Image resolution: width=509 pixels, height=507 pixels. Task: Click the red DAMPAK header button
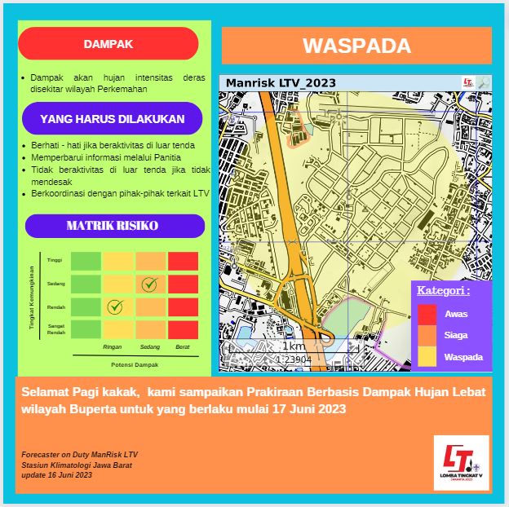point(108,44)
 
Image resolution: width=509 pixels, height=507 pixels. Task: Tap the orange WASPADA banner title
point(356,46)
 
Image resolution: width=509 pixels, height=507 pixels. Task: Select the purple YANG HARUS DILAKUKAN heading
point(113,118)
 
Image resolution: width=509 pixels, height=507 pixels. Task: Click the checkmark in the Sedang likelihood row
point(148,284)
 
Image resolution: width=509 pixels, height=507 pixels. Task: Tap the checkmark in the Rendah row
point(115,307)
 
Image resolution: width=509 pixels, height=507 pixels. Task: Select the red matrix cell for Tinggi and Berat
point(183,261)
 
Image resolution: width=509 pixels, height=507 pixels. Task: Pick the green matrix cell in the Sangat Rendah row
point(86,329)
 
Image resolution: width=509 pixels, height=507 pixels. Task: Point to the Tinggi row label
point(55,260)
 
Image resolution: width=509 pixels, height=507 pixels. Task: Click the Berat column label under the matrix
point(183,347)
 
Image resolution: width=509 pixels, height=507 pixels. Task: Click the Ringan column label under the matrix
point(113,347)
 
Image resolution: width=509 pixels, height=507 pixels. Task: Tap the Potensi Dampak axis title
point(135,364)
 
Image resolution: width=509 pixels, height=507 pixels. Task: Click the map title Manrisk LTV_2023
point(280,83)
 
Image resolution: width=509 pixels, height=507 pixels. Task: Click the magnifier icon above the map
point(484,82)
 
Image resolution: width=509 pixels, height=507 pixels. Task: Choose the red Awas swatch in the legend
point(427,314)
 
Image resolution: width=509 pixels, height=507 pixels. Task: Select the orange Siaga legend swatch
point(427,335)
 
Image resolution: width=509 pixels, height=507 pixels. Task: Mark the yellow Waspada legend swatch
point(427,356)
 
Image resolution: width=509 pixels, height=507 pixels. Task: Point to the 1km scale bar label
point(294,346)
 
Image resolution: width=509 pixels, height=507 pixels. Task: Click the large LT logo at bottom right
point(461,462)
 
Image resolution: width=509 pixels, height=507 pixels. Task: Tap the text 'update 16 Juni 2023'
point(57,474)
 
